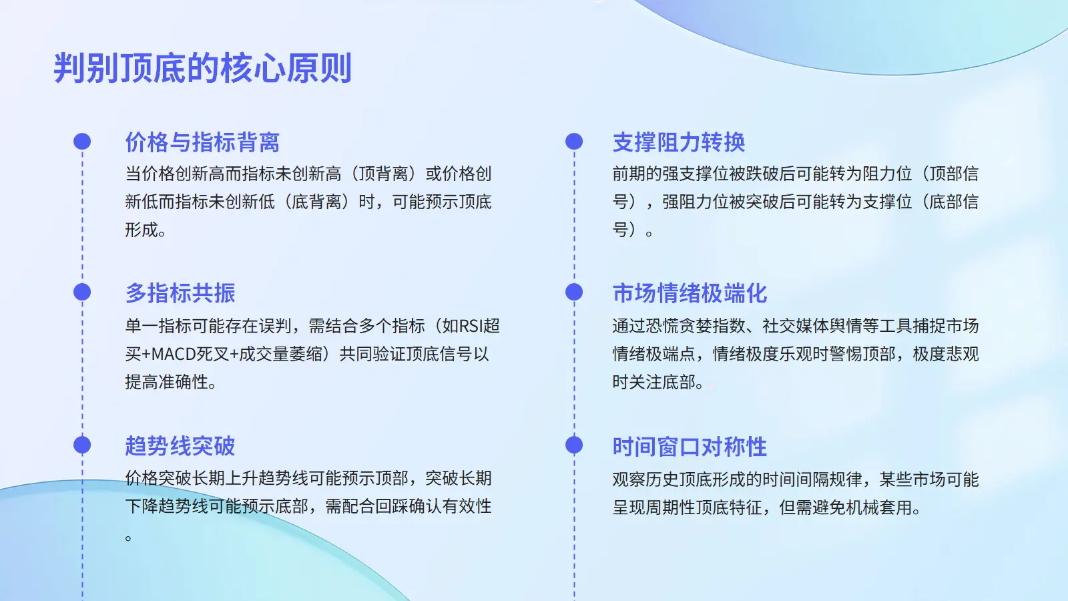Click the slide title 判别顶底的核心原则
203,68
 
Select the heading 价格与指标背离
202,142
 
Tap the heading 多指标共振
180,293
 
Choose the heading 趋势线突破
180,446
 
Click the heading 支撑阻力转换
678,142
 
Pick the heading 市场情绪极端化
690,293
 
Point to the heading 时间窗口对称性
690,447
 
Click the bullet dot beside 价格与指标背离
82,142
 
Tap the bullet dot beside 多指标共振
82,292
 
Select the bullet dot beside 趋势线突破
82,445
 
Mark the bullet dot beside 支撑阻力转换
574,142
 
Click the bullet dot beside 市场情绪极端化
574,292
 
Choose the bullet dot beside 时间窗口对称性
574,445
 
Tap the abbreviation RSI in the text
471,327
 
